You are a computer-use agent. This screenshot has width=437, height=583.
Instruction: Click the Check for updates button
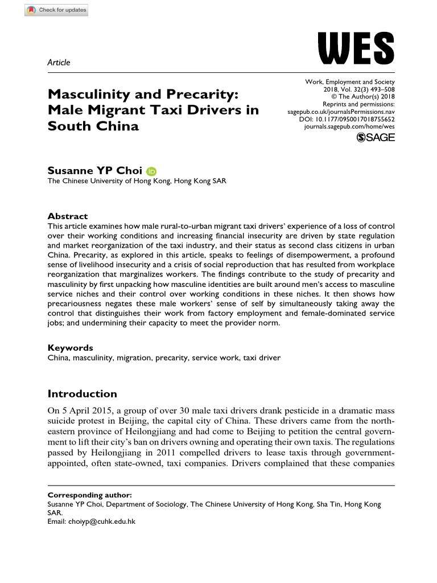click(x=56, y=10)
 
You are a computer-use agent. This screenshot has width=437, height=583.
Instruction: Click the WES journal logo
click(x=356, y=49)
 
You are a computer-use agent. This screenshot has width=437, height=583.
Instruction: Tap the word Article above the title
click(x=59, y=63)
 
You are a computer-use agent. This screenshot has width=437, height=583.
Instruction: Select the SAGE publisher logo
click(x=375, y=138)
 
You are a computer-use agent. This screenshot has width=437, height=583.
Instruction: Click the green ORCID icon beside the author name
click(x=151, y=171)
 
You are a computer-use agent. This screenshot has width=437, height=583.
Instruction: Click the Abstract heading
click(x=68, y=216)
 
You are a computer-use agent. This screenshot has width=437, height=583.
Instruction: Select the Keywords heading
click(x=71, y=348)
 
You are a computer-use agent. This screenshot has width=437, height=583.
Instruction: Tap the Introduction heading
click(x=82, y=394)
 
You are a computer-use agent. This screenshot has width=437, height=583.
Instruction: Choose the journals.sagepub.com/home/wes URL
click(x=350, y=129)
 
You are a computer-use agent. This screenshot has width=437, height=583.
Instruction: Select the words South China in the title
click(x=93, y=126)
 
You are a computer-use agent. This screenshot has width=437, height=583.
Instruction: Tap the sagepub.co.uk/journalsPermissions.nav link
click(x=341, y=113)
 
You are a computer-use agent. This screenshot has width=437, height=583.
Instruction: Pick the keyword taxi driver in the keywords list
click(x=261, y=358)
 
